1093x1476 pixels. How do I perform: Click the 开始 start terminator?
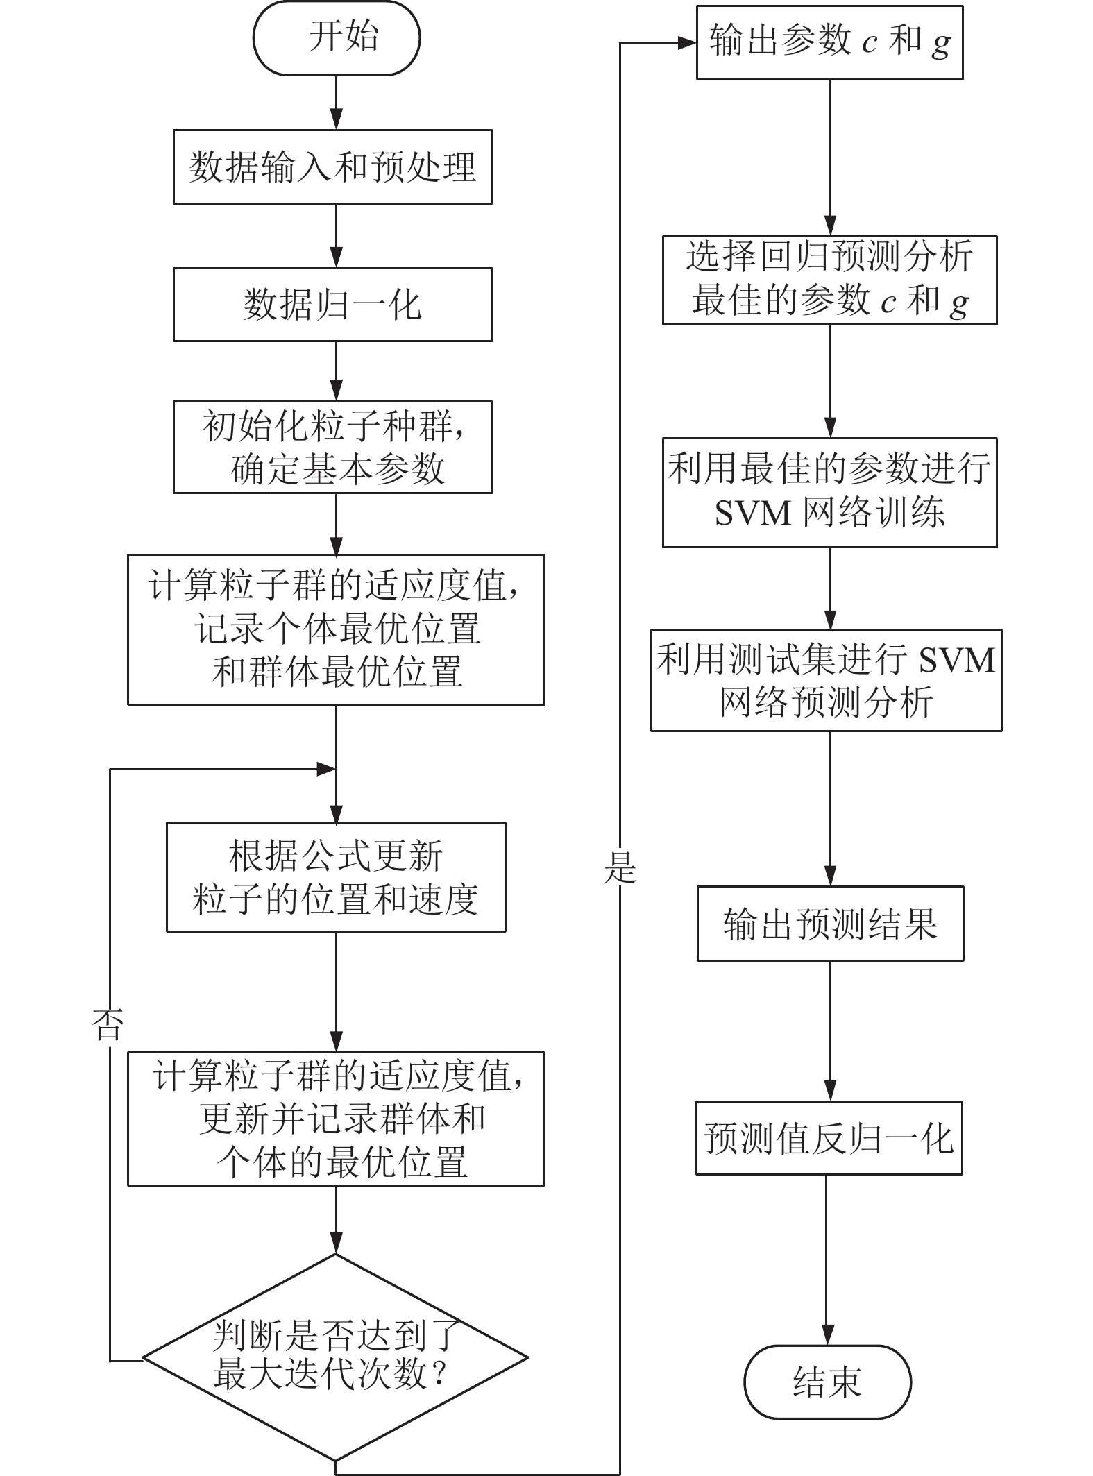pos(337,37)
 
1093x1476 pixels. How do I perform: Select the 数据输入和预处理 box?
pos(332,167)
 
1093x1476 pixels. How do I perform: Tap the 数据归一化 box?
pos(332,305)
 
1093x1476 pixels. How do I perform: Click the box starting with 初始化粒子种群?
pos(332,447)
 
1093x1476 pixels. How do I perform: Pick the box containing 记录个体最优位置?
pos(336,629)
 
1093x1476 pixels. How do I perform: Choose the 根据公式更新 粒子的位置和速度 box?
pos(336,877)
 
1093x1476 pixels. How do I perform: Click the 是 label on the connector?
pos(620,867)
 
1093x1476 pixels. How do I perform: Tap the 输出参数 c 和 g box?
pos(829,42)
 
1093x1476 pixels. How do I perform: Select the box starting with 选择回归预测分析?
pos(829,280)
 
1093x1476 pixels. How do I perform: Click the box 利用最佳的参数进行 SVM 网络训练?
pos(829,493)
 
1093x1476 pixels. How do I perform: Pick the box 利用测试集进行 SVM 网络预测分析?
pos(826,680)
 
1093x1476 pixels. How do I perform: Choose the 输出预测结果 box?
pos(830,924)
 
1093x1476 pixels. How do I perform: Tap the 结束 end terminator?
pos(827,1382)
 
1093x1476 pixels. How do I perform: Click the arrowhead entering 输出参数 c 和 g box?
pos(687,42)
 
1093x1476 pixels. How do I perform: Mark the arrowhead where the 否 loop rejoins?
pos(326,769)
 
